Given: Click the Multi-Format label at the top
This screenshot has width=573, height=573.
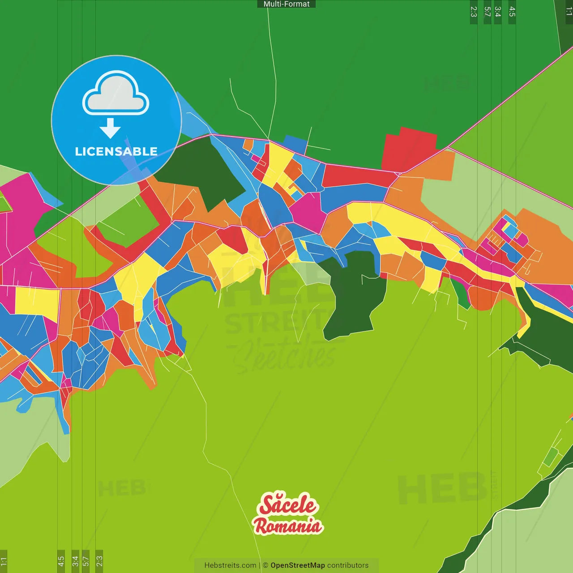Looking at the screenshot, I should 286,4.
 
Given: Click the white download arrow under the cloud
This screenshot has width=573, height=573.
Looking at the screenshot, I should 110,128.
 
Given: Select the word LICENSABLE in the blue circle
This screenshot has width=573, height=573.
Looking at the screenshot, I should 116,151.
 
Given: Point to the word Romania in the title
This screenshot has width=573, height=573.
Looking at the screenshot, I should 288,526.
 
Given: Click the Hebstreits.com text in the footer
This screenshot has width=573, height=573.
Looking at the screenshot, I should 230,565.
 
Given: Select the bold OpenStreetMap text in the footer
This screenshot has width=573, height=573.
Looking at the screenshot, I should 298,565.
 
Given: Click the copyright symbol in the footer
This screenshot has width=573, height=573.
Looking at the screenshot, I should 265,565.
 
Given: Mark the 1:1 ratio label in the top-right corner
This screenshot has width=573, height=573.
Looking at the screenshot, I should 569,12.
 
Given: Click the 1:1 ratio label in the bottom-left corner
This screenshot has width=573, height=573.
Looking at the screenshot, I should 4,561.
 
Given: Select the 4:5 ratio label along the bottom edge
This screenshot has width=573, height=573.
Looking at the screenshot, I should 61,561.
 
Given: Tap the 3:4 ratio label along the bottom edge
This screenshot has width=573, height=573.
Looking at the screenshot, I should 75,561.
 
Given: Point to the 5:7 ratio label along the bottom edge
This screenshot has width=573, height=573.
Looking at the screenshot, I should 86,561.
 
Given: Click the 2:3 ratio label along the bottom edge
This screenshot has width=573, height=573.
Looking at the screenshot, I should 99,561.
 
